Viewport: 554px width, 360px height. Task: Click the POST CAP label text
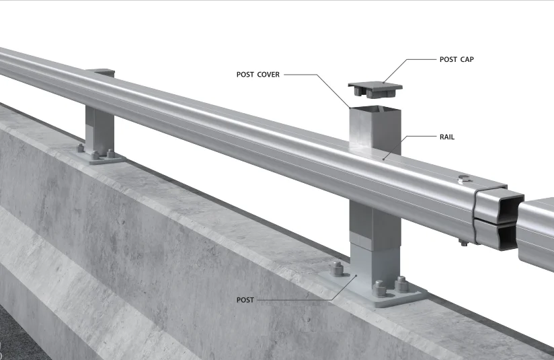457,59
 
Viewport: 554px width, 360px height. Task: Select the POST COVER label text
258,74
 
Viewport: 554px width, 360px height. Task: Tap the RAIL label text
447,137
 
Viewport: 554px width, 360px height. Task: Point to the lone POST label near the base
245,299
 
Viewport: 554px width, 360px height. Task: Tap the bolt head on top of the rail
464,178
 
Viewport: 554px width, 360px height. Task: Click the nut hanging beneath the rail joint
464,242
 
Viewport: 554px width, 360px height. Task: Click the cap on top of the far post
101,71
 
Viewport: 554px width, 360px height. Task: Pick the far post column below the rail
100,131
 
